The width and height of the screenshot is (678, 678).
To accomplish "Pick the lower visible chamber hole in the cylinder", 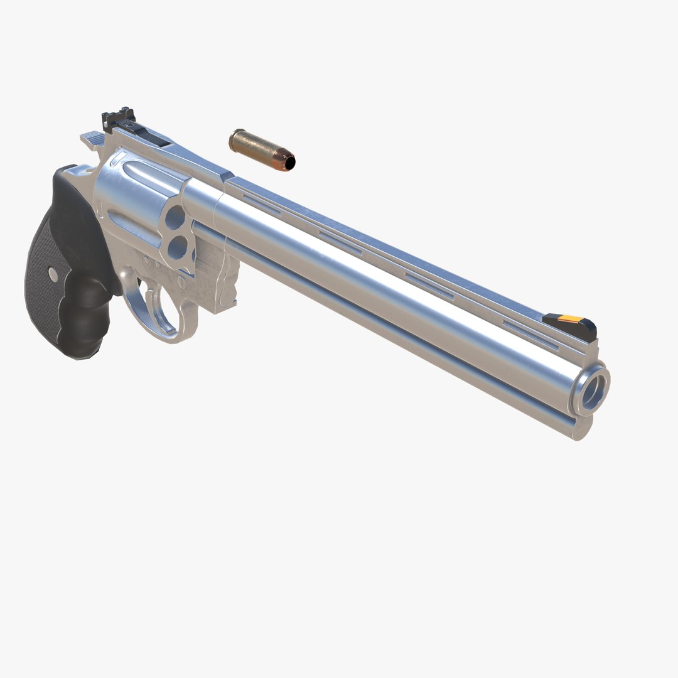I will [180, 250].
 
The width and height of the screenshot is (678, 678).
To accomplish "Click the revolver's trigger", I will [148, 290].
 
